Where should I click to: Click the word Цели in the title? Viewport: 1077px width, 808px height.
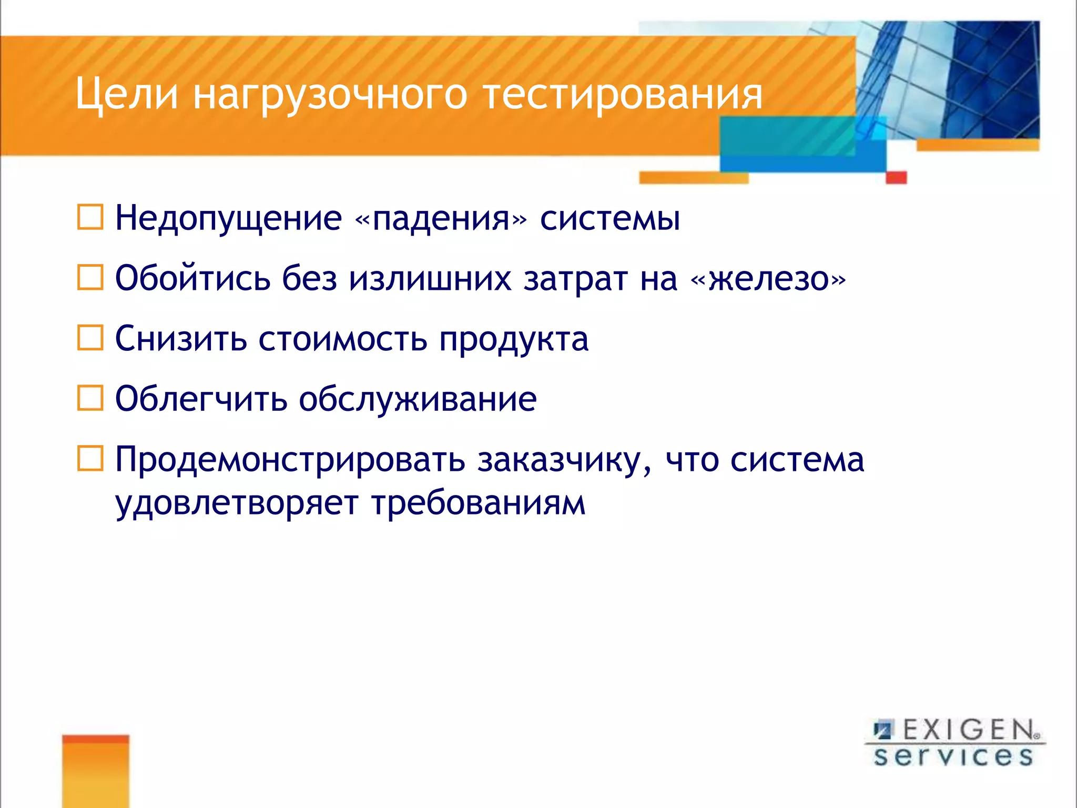coord(127,95)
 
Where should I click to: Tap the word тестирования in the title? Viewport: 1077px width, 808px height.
coord(623,96)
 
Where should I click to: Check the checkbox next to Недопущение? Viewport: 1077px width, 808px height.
coord(90,217)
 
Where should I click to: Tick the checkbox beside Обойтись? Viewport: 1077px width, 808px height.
coord(90,278)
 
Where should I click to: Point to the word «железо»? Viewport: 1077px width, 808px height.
coord(768,279)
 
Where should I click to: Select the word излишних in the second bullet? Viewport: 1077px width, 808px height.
coord(430,279)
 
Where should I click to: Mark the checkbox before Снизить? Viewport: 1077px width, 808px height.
coord(90,338)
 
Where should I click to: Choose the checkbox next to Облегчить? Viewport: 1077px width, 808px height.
coord(90,398)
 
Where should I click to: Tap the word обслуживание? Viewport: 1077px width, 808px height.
coord(418,400)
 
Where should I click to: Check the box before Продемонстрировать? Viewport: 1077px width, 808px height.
coord(90,459)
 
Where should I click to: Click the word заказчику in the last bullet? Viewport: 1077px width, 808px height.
coord(564,461)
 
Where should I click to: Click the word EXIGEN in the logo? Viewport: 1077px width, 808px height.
coord(969,730)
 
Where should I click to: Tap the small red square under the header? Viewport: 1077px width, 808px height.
coord(896,177)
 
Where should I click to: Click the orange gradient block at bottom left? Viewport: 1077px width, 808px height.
coord(96,771)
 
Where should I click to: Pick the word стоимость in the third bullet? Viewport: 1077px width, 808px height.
coord(342,339)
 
